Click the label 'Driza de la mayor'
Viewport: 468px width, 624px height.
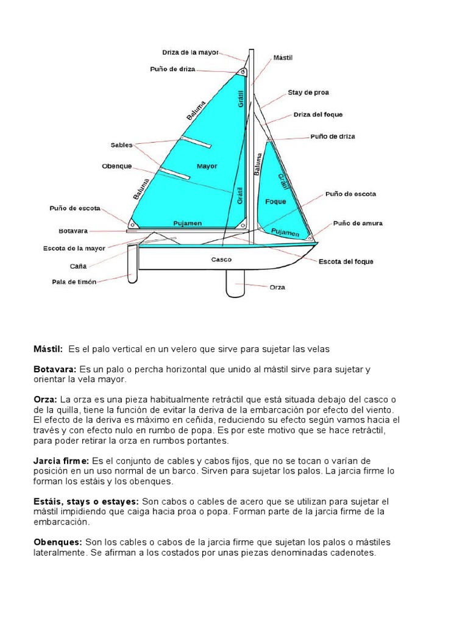click(190, 52)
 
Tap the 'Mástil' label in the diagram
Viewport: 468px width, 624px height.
click(283, 57)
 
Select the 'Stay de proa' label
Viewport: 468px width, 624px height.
click(308, 93)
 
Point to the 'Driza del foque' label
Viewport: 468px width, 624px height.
click(317, 115)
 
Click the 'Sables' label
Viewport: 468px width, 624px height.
click(121, 145)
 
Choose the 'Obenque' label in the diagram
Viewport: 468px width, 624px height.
click(116, 166)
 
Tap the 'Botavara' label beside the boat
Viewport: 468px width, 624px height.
click(73, 231)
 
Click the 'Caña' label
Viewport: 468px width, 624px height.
click(78, 266)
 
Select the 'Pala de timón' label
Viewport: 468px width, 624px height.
click(74, 282)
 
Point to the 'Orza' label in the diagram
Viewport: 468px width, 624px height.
click(277, 286)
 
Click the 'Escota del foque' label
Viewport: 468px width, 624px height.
click(346, 261)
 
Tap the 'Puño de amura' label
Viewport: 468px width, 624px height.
click(358, 224)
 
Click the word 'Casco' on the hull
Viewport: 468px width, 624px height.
click(221, 259)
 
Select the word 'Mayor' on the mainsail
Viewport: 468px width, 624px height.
click(207, 166)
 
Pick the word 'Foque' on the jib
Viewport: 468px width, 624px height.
click(275, 201)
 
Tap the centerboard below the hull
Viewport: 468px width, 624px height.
click(235, 283)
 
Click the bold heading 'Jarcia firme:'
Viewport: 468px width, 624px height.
click(61, 461)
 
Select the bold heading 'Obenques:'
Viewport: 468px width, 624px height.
click(57, 542)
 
